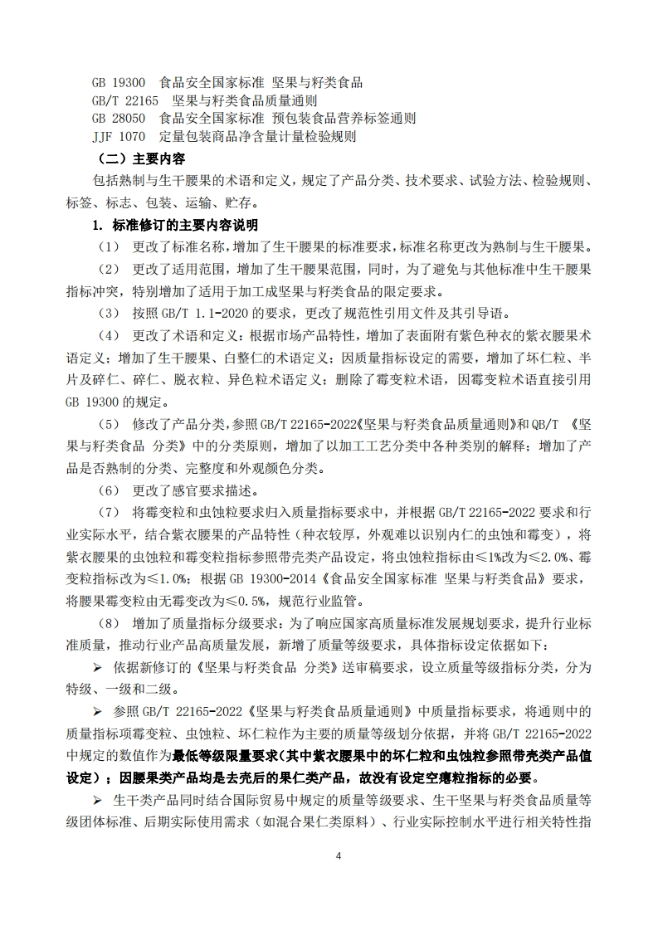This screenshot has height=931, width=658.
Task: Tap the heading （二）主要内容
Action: coord(141,158)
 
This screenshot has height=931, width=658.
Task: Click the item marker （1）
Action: coord(109,247)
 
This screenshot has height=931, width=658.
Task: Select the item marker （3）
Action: coord(109,314)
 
